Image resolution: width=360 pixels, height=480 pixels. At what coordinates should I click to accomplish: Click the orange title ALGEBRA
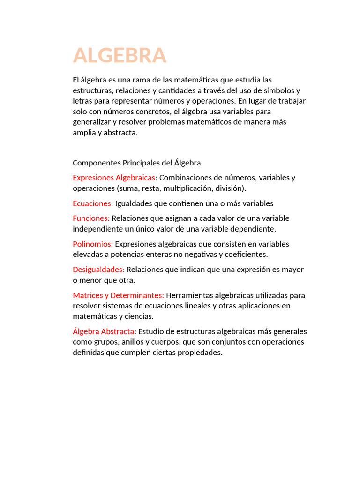[x=120, y=55]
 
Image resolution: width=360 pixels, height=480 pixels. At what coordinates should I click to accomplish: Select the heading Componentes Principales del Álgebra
[x=136, y=163]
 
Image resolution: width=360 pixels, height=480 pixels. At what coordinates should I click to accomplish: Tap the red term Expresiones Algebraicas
[x=114, y=178]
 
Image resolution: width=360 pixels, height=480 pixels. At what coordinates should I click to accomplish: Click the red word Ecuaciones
[x=92, y=203]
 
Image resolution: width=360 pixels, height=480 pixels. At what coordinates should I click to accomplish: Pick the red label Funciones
[x=91, y=218]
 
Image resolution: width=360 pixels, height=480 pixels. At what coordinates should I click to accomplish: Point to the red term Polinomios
[x=93, y=244]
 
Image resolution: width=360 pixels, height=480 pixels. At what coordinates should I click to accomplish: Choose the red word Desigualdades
[x=98, y=270]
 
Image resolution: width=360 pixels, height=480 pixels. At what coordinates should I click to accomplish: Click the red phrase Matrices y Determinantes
[x=118, y=295]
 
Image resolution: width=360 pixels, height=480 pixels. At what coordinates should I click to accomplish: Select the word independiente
[x=96, y=229]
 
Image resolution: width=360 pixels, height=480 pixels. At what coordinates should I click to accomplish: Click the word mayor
[x=294, y=270]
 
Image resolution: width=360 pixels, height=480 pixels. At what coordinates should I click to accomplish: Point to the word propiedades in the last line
[x=199, y=352]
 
